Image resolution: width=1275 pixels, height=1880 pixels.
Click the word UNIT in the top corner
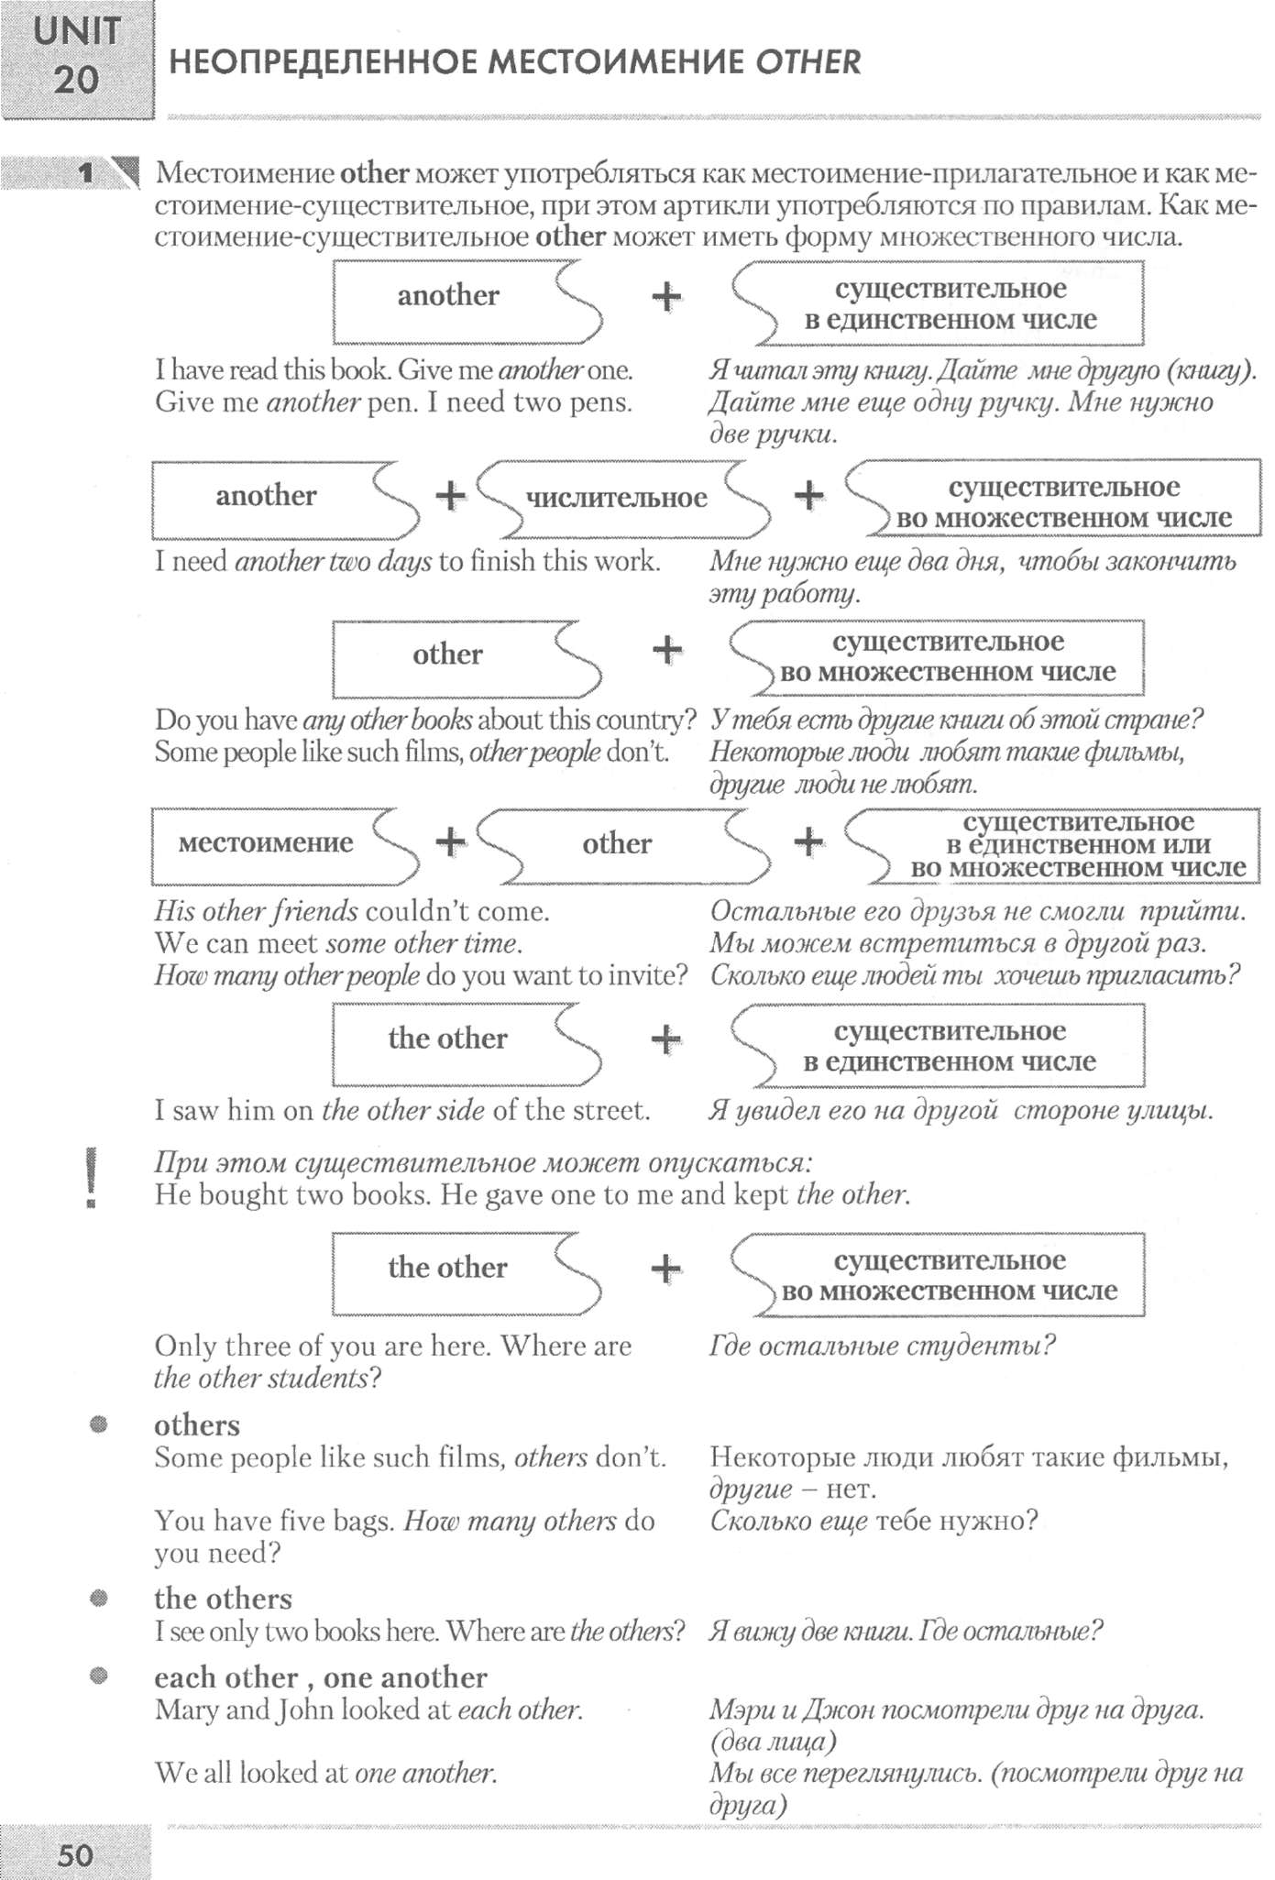[x=77, y=31]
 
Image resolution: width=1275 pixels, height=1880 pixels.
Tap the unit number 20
[x=76, y=80]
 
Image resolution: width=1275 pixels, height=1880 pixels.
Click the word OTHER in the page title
[x=808, y=62]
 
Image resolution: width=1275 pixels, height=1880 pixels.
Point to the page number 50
[x=75, y=1855]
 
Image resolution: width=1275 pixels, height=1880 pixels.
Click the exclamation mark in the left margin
[x=91, y=1179]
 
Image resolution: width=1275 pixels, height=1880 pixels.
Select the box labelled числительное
[x=617, y=498]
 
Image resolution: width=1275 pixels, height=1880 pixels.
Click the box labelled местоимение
[x=266, y=842]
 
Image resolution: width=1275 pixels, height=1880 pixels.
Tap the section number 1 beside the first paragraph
[x=87, y=172]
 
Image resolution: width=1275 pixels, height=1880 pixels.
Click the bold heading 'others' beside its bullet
[x=197, y=1425]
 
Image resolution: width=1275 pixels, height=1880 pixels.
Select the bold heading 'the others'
[x=223, y=1599]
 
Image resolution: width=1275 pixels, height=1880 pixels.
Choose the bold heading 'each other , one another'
[x=320, y=1677]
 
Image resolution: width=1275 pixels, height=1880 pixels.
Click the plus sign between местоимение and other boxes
[x=450, y=841]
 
